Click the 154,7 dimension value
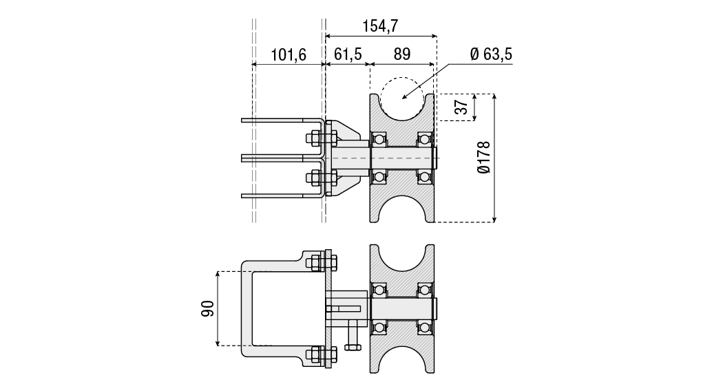click(380, 26)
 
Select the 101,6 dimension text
click(288, 54)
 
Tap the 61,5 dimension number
click(348, 54)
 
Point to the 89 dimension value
click(402, 54)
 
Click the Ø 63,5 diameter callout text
click(491, 54)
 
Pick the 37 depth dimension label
click(461, 107)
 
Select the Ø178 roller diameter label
click(484, 158)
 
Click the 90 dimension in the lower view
click(207, 308)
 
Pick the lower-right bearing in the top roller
click(425, 177)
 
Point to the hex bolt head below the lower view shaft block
click(353, 347)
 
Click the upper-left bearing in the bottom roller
click(379, 290)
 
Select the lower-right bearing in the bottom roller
click(425, 328)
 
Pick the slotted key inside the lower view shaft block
click(344, 309)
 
